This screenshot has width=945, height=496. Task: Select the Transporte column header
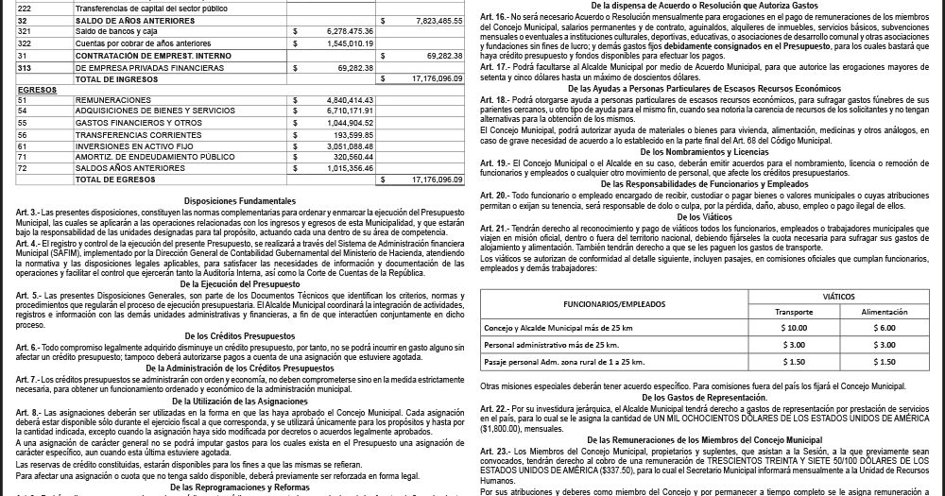[x=794, y=310]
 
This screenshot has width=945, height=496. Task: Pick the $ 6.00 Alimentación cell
[x=885, y=327]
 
